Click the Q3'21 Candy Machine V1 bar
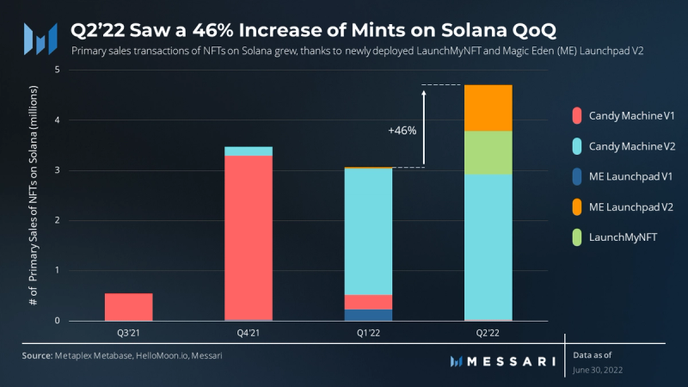[129, 307]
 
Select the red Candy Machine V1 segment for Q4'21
[249, 237]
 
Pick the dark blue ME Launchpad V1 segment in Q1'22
[368, 315]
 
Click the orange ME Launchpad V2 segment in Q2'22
[488, 107]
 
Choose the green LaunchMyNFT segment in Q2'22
[488, 152]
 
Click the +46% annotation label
[402, 131]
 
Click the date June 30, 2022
[597, 369]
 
